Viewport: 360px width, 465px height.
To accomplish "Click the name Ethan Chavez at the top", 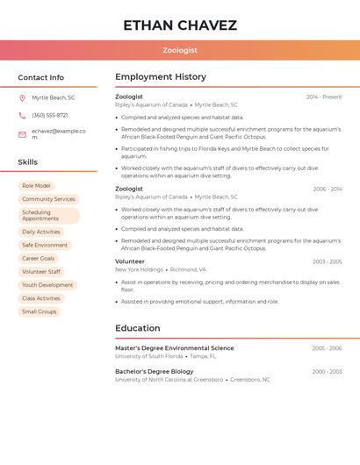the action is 180,25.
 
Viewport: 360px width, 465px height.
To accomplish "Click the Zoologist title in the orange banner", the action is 180,51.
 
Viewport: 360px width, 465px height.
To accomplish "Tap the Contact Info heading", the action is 40,77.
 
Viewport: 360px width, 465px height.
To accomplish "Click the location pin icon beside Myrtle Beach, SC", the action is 22,98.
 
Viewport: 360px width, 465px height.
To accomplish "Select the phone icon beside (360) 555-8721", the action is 22,116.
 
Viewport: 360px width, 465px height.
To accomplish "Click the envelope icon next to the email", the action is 22,134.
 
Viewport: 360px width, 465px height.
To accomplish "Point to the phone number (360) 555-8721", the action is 50,116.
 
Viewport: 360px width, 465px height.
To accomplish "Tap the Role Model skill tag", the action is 36,186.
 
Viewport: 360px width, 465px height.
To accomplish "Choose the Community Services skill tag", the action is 48,199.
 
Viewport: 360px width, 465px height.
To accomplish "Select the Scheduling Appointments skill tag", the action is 48,216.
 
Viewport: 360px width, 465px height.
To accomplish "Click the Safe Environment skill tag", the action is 45,246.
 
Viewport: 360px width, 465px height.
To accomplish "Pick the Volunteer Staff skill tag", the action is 41,272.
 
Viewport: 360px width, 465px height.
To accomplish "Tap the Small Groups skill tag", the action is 39,311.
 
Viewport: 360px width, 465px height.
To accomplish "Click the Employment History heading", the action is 161,77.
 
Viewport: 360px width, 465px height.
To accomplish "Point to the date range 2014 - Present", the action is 324,97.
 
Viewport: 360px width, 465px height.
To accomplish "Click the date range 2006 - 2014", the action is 328,189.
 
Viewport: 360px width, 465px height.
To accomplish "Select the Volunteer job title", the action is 130,261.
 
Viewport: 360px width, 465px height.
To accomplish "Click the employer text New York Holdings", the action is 139,270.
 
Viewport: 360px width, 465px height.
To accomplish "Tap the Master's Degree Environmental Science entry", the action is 174,348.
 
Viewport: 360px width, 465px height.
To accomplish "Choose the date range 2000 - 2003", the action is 327,372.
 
